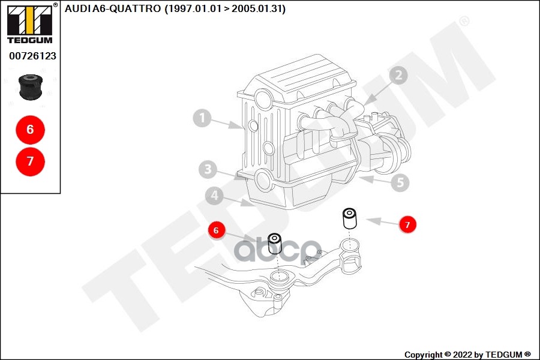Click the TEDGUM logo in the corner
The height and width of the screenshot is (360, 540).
click(x=29, y=24)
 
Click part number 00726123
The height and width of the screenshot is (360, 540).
click(x=32, y=56)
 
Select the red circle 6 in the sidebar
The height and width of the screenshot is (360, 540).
click(x=30, y=129)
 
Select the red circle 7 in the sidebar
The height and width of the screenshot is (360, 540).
click(x=30, y=161)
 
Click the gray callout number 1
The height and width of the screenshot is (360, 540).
click(x=203, y=118)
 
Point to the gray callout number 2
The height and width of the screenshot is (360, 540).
click(x=397, y=75)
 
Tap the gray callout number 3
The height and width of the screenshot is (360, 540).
click(x=208, y=169)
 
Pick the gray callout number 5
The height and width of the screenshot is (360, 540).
click(x=400, y=182)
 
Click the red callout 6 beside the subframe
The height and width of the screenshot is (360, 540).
click(x=217, y=229)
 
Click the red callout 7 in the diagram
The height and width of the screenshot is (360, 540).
click(x=407, y=225)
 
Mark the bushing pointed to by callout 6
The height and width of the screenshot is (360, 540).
click(x=275, y=243)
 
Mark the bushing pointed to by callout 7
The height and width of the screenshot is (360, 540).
click(x=349, y=218)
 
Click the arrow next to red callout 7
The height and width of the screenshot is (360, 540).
click(x=380, y=222)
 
